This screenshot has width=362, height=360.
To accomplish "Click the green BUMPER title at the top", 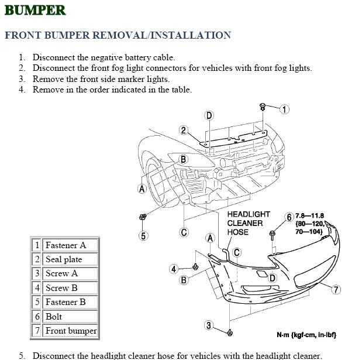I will tap(35, 10).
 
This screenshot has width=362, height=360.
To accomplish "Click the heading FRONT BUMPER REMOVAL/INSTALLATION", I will tap(118, 35).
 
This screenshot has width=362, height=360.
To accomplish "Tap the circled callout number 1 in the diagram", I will tap(284, 109).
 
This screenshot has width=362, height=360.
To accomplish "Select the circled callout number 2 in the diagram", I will tap(183, 131).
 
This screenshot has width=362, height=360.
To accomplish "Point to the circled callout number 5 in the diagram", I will tap(143, 236).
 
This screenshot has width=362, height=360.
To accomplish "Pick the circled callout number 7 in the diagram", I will tap(336, 289).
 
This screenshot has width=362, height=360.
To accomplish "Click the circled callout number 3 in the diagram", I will tap(209, 326).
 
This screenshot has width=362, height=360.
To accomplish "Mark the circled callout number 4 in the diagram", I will tap(174, 269).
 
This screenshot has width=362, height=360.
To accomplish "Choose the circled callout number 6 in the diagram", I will tap(289, 217).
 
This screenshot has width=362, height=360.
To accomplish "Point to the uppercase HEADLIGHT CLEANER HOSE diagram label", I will tap(248, 223).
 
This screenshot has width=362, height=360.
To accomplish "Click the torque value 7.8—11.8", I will tap(309, 215).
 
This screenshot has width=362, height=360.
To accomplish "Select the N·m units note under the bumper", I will tap(306, 335).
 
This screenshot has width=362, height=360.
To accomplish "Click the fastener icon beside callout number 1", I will tap(263, 107).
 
